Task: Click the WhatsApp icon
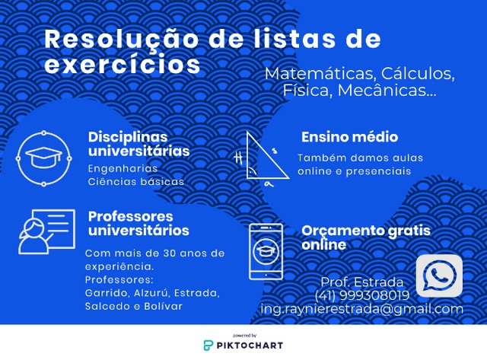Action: click(439, 276)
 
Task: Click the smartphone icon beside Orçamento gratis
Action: click(266, 252)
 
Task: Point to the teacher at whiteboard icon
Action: click(46, 231)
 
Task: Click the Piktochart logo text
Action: click(250, 346)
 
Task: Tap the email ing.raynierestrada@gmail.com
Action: click(362, 309)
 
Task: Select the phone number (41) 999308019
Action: click(362, 295)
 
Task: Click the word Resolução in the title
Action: click(121, 40)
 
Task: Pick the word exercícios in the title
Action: click(123, 64)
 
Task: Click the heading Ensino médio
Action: click(350, 137)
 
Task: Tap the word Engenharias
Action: click(123, 169)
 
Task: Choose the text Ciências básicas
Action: click(136, 182)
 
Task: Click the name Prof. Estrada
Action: click(362, 282)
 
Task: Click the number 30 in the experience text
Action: click(170, 253)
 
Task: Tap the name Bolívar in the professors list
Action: click(163, 306)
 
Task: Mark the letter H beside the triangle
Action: click(238, 158)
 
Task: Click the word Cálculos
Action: click(418, 74)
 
